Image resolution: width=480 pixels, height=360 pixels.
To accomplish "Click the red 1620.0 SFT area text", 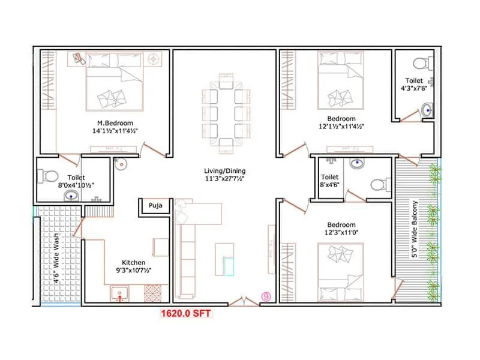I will pyautogui.click(x=185, y=313).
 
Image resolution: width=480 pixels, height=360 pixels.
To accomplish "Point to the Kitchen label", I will pyautogui.click(x=133, y=263).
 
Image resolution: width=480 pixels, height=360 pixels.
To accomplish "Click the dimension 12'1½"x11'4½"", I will pyautogui.click(x=341, y=127).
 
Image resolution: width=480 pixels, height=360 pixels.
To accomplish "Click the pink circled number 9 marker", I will pyautogui.click(x=266, y=296).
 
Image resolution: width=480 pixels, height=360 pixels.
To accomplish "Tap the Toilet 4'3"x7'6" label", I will pyautogui.click(x=414, y=84).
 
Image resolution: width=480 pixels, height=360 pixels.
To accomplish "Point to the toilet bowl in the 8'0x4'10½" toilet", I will pyautogui.click(x=49, y=175).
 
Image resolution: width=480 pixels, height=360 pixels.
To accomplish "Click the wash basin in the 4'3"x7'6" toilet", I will pyautogui.click(x=427, y=110).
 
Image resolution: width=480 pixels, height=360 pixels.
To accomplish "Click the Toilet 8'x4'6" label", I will pyautogui.click(x=330, y=181).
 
